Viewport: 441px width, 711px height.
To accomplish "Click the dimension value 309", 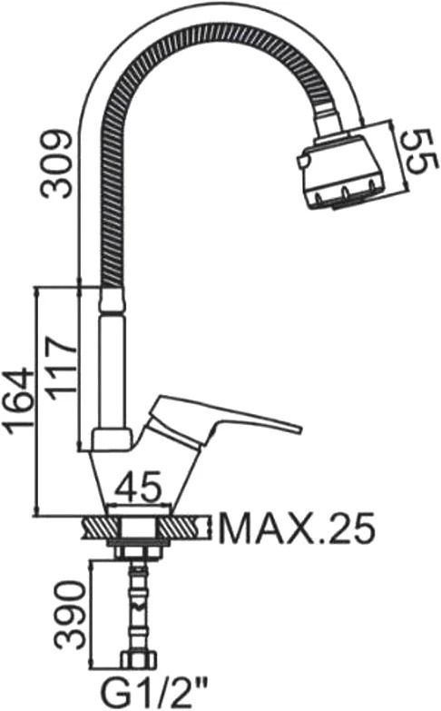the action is click(x=55, y=164).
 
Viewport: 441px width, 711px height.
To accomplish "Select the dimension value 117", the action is click(x=61, y=368).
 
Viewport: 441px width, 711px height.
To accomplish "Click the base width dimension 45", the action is click(x=138, y=487).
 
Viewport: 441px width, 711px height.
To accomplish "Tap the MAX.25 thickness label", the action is click(x=297, y=529).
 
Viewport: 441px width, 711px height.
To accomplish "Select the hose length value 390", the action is click(x=70, y=616).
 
